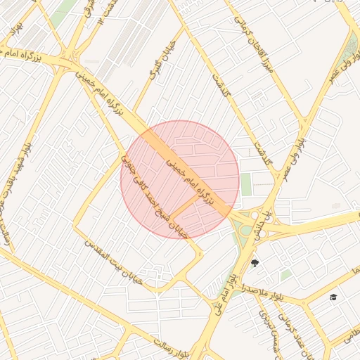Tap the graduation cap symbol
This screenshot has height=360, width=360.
[x=333, y=297]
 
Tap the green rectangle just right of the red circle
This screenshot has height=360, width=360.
[x=246, y=184]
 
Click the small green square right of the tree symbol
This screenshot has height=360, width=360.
[x=285, y=275]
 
